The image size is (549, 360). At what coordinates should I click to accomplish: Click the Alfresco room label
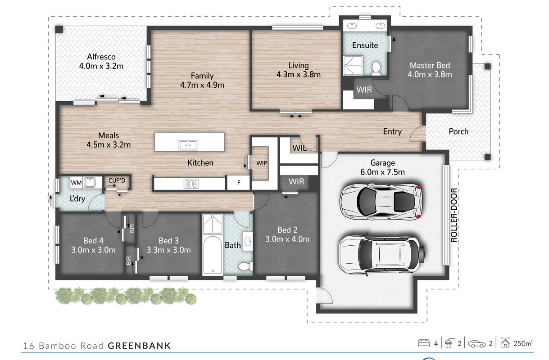click(x=101, y=57)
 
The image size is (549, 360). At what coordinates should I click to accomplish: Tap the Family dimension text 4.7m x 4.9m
click(x=202, y=85)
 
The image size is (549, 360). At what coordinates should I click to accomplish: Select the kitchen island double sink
click(x=188, y=145)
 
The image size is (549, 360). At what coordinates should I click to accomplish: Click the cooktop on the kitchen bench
click(x=191, y=184)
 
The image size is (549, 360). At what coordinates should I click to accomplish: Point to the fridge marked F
click(x=239, y=182)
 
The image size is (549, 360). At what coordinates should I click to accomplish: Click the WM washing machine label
click(x=76, y=183)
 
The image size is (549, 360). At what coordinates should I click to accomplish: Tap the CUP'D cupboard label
click(x=117, y=180)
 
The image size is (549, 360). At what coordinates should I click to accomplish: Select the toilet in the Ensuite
click(x=376, y=68)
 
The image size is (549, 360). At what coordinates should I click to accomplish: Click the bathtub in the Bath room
click(x=213, y=255)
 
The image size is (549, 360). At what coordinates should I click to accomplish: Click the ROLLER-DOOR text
click(x=454, y=215)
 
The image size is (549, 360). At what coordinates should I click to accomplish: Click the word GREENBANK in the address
click(x=139, y=346)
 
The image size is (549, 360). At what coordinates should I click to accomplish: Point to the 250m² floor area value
click(x=523, y=343)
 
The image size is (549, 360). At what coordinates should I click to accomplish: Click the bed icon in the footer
click(x=424, y=343)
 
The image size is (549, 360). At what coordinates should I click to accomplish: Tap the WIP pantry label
click(x=262, y=163)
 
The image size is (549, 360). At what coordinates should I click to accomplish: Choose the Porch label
click(x=458, y=131)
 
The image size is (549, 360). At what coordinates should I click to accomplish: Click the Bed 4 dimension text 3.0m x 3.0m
click(x=93, y=250)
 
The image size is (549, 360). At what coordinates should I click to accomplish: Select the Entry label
click(x=392, y=132)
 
